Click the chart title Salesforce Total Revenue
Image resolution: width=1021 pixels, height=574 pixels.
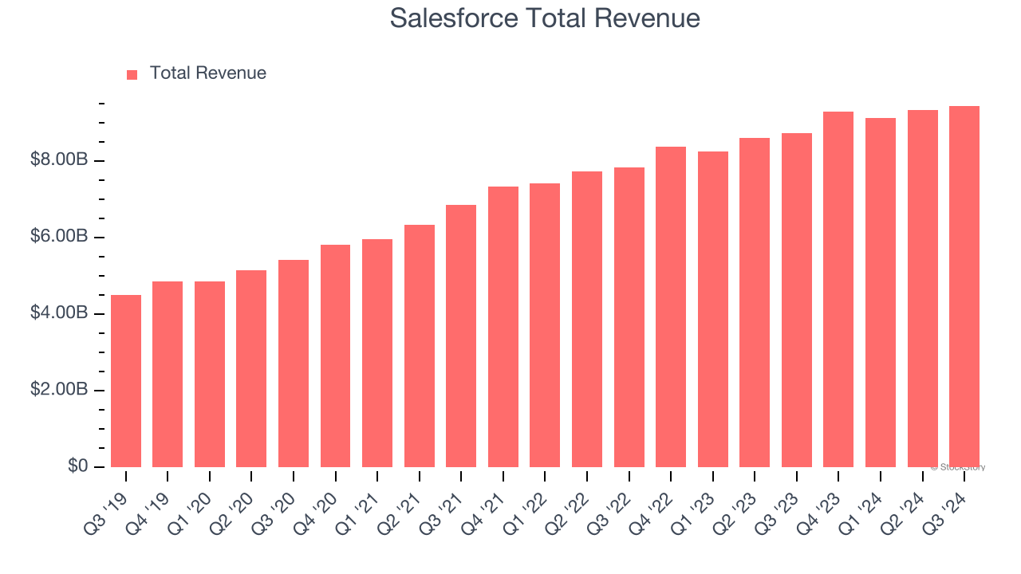(545, 18)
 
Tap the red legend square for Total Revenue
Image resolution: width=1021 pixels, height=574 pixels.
(132, 75)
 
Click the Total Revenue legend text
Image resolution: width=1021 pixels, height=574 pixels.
(207, 73)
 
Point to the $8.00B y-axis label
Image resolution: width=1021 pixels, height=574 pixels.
(59, 160)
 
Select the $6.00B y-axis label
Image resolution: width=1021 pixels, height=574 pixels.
(59, 237)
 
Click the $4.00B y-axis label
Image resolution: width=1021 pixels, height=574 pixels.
(59, 313)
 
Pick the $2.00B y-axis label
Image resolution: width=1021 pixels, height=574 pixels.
(59, 390)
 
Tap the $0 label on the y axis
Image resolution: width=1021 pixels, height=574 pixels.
(77, 466)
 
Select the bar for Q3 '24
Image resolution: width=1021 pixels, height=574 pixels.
(964, 286)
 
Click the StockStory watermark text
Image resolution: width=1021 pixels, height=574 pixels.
(958, 467)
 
